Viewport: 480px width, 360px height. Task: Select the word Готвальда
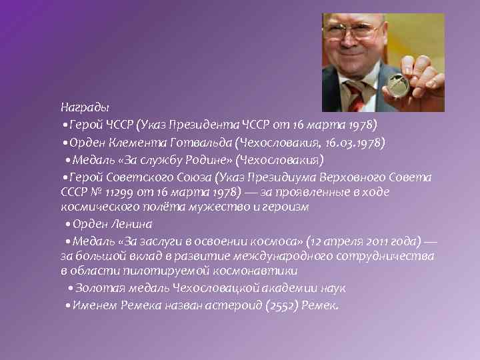click(197, 142)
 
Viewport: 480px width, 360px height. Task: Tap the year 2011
click(359, 241)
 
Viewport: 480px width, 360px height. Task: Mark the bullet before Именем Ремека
click(63, 306)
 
